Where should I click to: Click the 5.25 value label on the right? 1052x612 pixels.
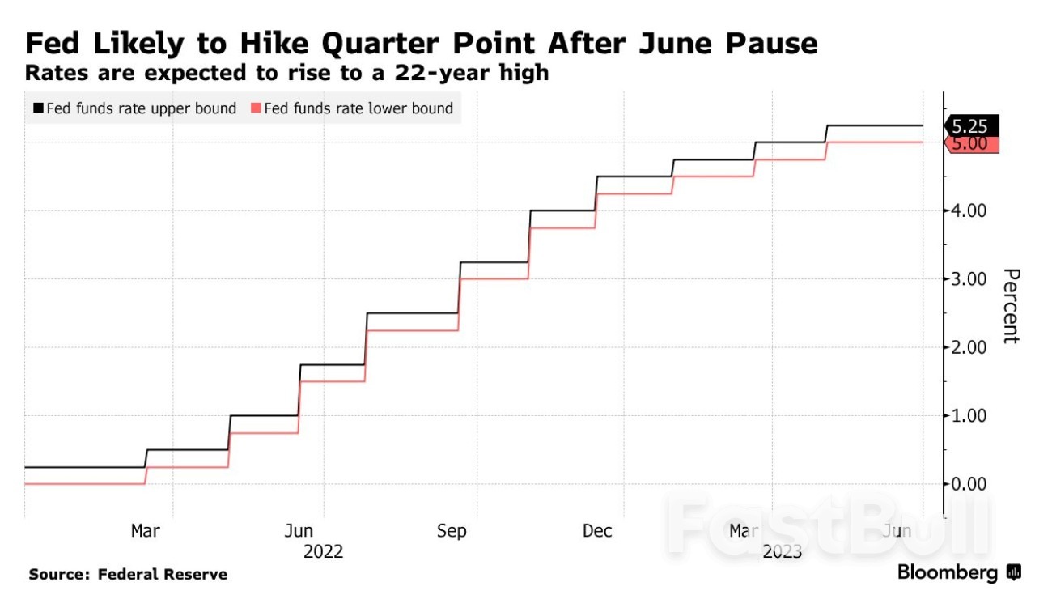pyautogui.click(x=971, y=126)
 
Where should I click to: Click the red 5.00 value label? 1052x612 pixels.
pyautogui.click(x=971, y=143)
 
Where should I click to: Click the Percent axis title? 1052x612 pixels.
pyautogui.click(x=1010, y=305)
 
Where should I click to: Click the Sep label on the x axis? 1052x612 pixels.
pyautogui.click(x=452, y=531)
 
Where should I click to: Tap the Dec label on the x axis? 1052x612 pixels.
pyautogui.click(x=597, y=531)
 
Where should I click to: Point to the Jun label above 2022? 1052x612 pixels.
pyautogui.click(x=299, y=531)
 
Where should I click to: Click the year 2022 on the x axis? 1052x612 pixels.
pyautogui.click(x=323, y=552)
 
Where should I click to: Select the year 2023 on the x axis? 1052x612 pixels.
pyautogui.click(x=782, y=552)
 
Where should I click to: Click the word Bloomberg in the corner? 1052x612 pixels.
pyautogui.click(x=947, y=573)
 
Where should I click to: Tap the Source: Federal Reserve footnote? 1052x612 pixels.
pyautogui.click(x=128, y=575)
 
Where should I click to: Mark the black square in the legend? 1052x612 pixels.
pyautogui.click(x=38, y=108)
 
